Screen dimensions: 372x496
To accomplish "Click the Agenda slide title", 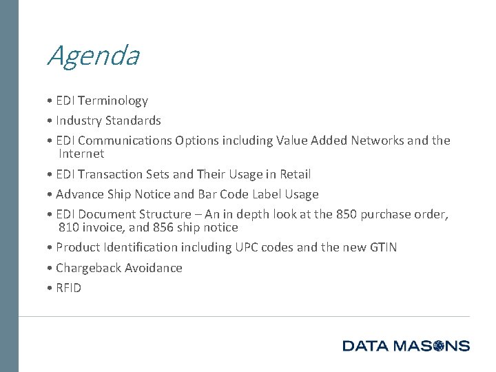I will [x=93, y=56].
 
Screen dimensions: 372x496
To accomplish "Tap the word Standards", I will [x=133, y=121].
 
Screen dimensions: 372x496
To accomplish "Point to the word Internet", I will [x=81, y=154].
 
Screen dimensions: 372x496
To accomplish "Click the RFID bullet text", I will [x=68, y=288].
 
